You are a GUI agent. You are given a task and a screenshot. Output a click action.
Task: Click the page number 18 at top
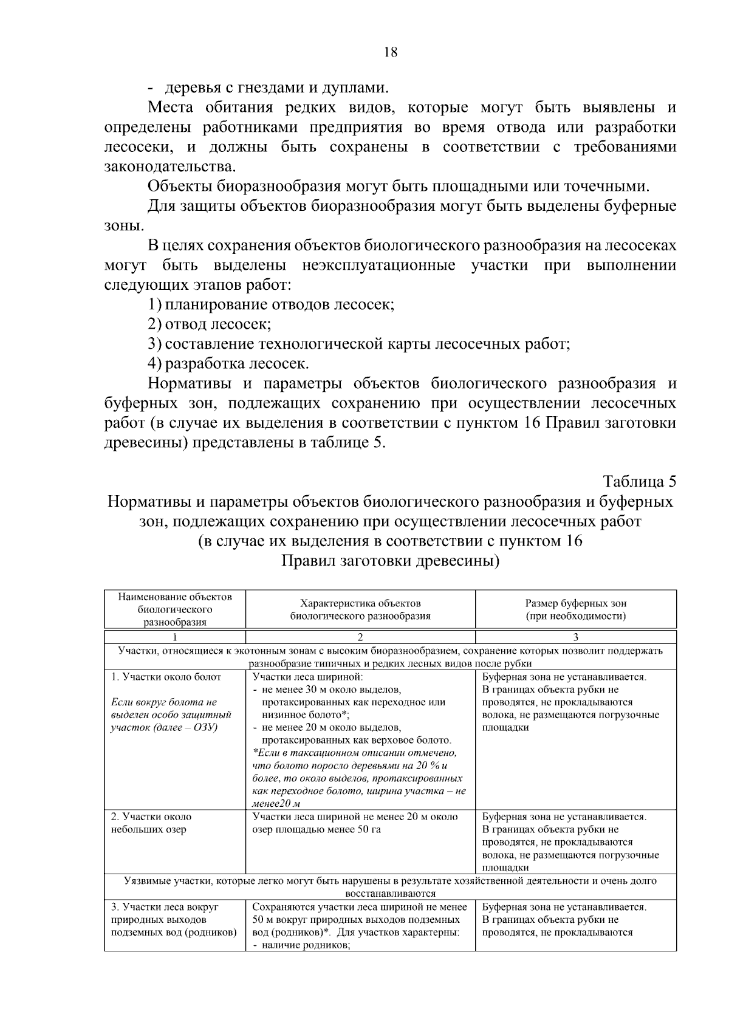pos(391,52)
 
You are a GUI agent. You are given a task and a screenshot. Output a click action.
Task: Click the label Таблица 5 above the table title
pos(639,482)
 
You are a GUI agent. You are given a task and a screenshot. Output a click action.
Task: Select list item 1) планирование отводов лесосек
pos(272,304)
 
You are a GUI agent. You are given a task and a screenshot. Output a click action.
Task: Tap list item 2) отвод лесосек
pos(210,324)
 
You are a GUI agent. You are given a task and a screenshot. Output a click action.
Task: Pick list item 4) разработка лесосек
pos(229,364)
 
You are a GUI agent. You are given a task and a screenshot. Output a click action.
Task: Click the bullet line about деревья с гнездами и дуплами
pos(268,87)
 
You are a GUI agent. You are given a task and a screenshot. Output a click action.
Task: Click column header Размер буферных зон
pos(575,609)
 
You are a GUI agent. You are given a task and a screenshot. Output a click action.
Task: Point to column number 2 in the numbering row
pos(360,637)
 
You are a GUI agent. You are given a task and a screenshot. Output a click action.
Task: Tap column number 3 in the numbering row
pos(575,637)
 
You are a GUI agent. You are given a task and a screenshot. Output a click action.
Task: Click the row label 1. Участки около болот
pos(166,677)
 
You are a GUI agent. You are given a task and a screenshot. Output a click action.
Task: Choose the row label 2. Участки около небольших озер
pos(151,823)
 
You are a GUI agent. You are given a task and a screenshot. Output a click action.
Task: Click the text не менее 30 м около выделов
pos(332,690)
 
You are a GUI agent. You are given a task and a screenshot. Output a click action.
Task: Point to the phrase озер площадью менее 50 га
pos(317,829)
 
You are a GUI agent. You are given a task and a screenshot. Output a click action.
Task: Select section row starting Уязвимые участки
pos(390,886)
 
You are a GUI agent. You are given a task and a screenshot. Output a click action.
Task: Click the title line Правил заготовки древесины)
pos(390,561)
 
